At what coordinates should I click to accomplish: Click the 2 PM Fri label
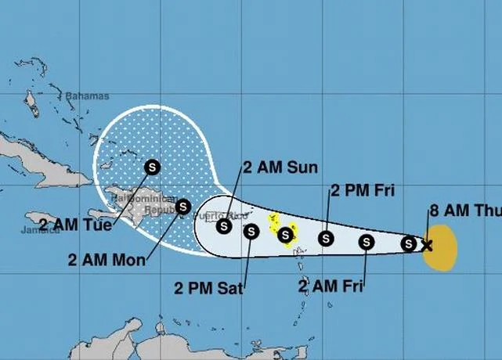coord(363,190)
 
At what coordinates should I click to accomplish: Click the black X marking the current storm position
coord(426,245)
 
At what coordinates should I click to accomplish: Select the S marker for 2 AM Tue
coord(152,167)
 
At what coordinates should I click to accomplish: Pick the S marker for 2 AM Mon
coord(183,207)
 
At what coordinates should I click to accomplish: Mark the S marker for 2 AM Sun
coord(224,226)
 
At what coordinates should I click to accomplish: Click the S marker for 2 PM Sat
coord(251,231)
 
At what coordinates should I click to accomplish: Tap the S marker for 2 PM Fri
coord(326,239)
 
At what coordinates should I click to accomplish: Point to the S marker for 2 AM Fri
coord(367,242)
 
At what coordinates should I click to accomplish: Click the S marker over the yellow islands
coord(286,234)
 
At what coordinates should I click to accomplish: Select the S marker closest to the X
coord(409,243)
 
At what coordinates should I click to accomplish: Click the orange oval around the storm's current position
coord(443,248)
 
